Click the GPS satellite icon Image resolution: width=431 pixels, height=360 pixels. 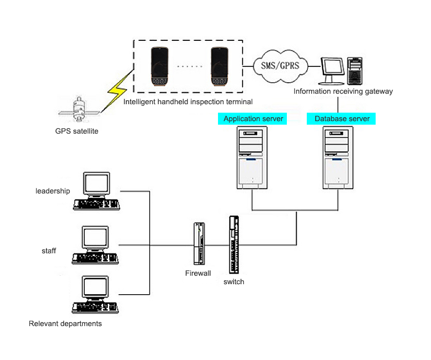tap(78, 110)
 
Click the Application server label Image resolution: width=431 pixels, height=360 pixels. tap(253, 119)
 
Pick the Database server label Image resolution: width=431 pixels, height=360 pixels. tap(342, 119)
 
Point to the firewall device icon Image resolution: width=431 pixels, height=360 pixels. tap(199, 243)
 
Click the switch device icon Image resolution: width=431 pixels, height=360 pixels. tap(233, 245)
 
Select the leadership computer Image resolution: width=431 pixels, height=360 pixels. tap(96, 191)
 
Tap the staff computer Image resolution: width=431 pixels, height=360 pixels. tap(96, 245)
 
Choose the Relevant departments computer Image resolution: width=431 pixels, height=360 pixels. tap(96, 296)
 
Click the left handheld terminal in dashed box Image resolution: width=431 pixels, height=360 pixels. tap(161, 66)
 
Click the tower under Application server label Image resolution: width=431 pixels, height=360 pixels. tap(252, 157)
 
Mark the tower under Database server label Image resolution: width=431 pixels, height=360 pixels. tap(338, 157)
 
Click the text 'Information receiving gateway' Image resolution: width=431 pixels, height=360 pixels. tap(343, 91)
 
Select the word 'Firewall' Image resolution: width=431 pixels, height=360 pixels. tap(198, 273)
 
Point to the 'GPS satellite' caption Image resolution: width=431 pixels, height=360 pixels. tap(77, 132)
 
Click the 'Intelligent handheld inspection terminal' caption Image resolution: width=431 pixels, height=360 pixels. tap(188, 102)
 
